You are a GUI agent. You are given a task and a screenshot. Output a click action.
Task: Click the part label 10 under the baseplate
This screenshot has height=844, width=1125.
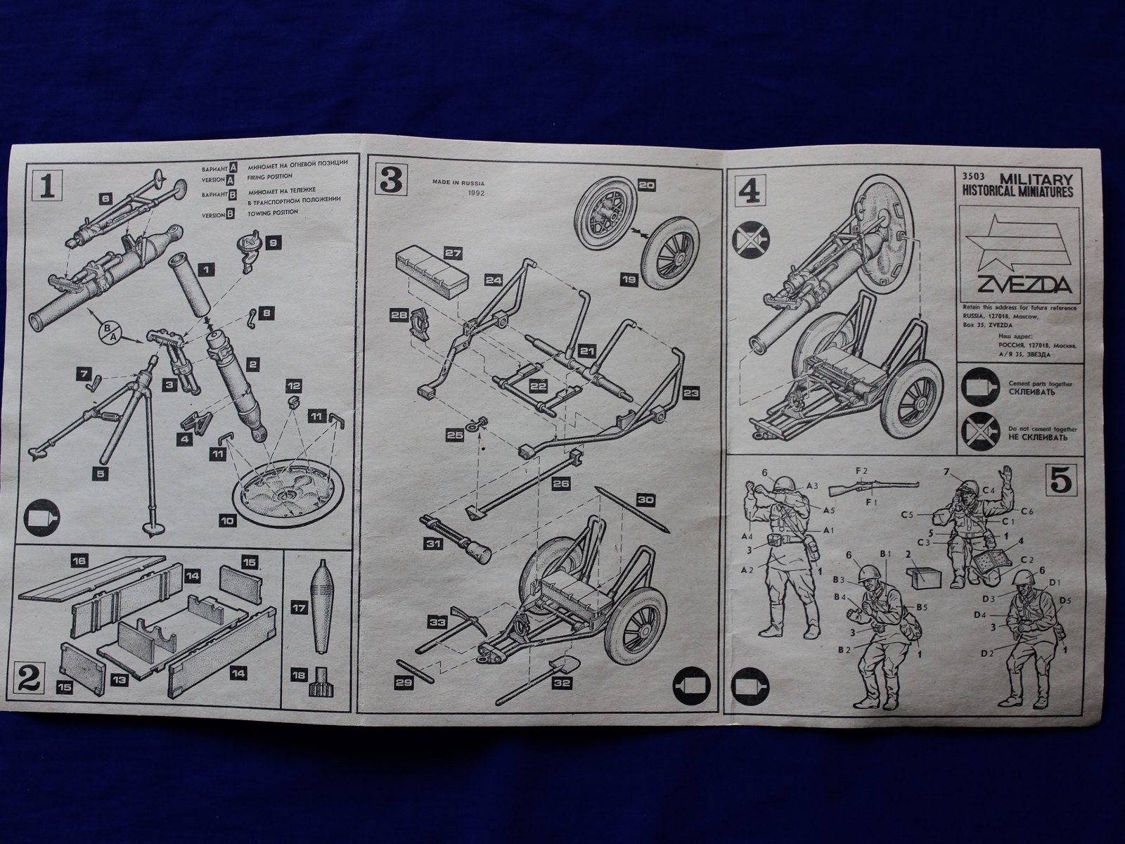227,522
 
